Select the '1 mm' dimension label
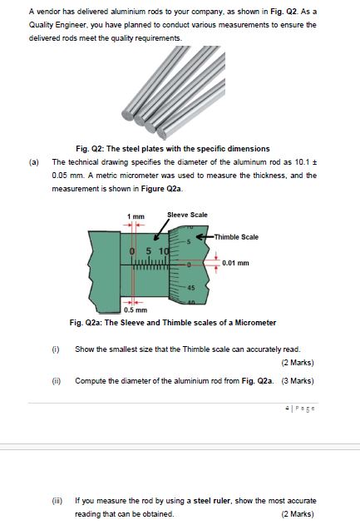[x=132, y=217]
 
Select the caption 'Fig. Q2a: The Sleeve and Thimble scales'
[x=174, y=322]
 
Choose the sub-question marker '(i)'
[x=57, y=349]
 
